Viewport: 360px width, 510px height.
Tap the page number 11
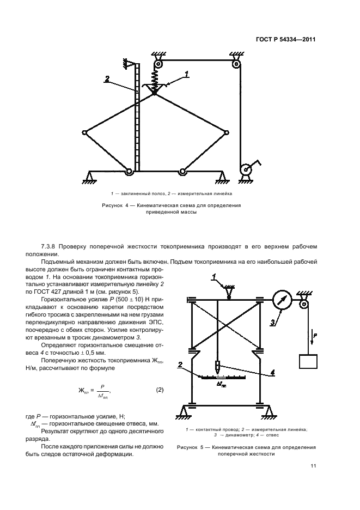[313, 465]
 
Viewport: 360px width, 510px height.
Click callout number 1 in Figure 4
[186, 73]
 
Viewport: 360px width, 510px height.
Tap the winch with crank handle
[247, 169]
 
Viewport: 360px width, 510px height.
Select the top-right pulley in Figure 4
[236, 64]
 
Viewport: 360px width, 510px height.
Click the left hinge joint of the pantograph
[85, 132]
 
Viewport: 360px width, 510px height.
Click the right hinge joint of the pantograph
[226, 132]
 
